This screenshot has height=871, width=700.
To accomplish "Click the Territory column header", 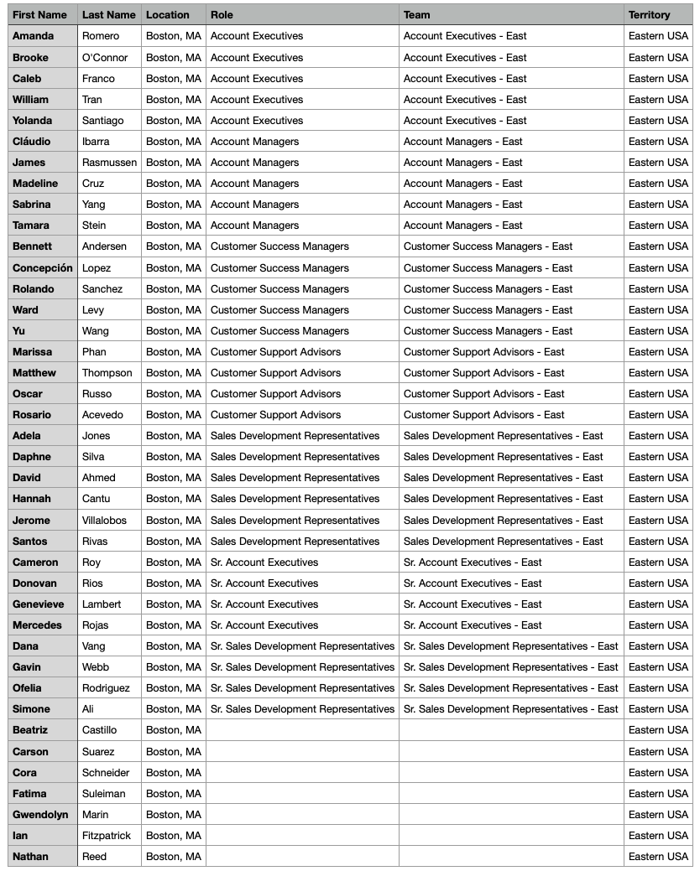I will pyautogui.click(x=649, y=15).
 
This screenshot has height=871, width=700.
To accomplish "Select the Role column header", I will pyautogui.click(x=222, y=15).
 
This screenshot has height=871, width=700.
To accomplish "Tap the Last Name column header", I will pyautogui.click(x=108, y=15).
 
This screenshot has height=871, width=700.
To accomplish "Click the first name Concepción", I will pyautogui.click(x=43, y=268).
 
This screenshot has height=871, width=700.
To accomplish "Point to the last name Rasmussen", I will pyautogui.click(x=109, y=163).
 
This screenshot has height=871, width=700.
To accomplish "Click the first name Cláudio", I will pyautogui.click(x=32, y=142).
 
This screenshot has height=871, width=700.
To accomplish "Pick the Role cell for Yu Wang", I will pyautogui.click(x=279, y=331).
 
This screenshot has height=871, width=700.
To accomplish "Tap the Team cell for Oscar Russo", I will pyautogui.click(x=483, y=394).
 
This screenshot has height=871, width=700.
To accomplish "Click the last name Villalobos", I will pyautogui.click(x=104, y=521).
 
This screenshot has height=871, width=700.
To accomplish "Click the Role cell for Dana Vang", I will pyautogui.click(x=302, y=646).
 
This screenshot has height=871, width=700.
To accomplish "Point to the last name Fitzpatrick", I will pyautogui.click(x=107, y=836).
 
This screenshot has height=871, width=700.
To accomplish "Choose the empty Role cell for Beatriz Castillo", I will pyautogui.click(x=302, y=730).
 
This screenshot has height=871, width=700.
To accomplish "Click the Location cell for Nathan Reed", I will pyautogui.click(x=174, y=857).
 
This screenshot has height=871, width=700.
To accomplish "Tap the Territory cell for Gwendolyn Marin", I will pyautogui.click(x=658, y=815).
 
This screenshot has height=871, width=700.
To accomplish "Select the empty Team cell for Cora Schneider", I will pyautogui.click(x=510, y=773).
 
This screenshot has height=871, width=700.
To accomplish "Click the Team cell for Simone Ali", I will pyautogui.click(x=510, y=709).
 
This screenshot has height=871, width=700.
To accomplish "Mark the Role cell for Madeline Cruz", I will pyautogui.click(x=254, y=184).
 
